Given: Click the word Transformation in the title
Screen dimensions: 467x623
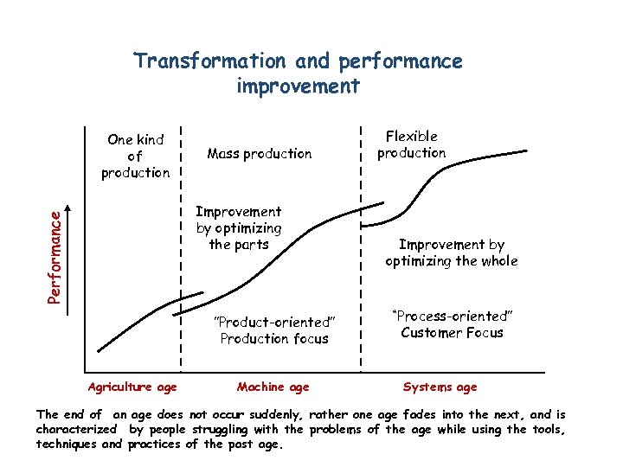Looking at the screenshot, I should point(209,61).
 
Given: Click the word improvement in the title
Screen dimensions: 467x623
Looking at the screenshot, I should point(298,86).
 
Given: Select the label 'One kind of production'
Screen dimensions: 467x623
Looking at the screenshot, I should point(135,156).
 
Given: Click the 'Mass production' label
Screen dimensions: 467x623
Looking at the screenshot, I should point(260,154).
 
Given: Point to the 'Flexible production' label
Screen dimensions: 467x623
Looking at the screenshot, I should point(412,144).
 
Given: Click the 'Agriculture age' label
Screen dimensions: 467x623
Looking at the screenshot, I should point(132,387).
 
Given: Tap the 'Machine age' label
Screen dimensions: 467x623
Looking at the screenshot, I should point(273,387).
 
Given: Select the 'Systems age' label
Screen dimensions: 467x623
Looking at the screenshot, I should point(440,387).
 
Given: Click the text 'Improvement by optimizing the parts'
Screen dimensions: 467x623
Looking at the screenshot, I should point(239,227).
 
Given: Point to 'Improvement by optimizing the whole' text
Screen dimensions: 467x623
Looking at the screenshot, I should point(452,253).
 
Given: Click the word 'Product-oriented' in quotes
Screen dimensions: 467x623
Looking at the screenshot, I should point(273,323).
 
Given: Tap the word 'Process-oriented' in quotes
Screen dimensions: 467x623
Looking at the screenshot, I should point(453,316).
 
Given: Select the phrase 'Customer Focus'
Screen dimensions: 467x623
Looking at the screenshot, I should point(452,333).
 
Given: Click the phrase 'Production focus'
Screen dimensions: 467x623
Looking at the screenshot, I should point(274,339).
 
